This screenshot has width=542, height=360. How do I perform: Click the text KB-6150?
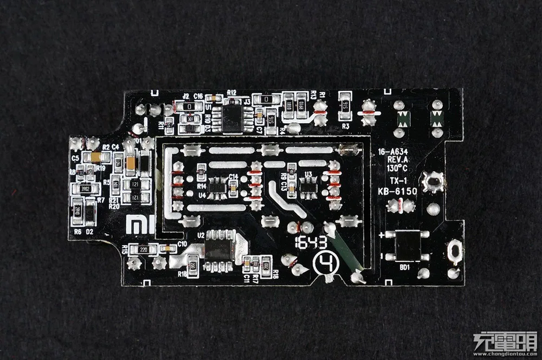[x=397, y=191]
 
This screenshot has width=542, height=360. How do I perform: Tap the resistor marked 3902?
[x=85, y=189]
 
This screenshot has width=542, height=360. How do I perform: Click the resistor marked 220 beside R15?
[x=144, y=249]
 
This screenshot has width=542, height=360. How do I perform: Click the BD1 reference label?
[x=404, y=268]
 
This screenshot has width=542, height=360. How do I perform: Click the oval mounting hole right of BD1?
[x=455, y=251]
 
